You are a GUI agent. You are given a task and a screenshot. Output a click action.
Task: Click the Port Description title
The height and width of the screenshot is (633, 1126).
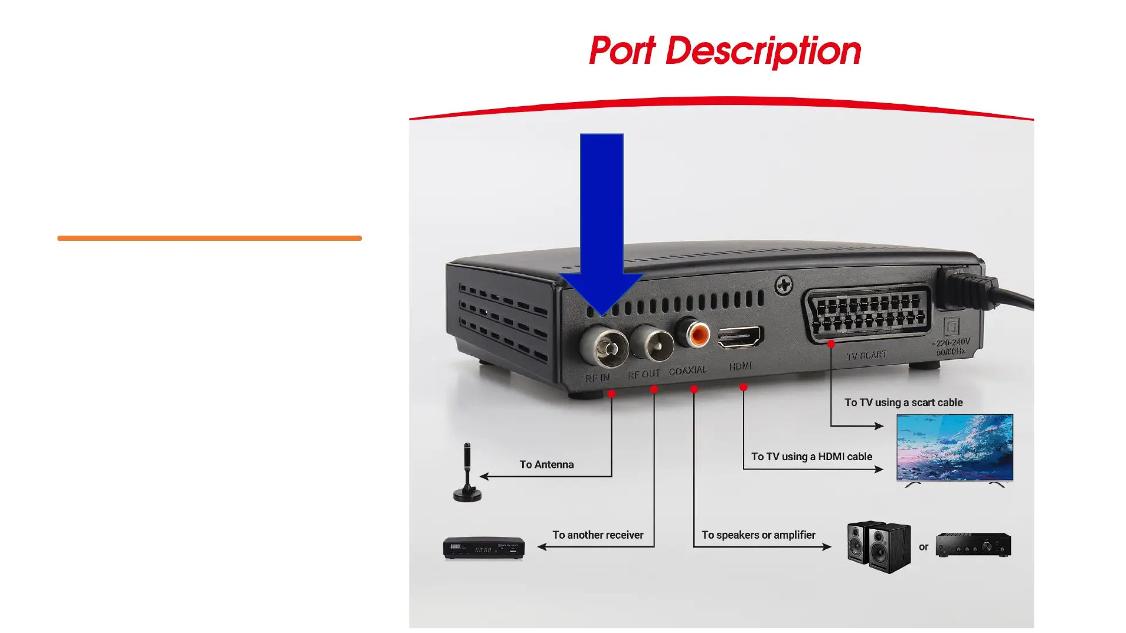[725, 51]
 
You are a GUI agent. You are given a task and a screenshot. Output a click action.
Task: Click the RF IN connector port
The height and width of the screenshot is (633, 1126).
[603, 347]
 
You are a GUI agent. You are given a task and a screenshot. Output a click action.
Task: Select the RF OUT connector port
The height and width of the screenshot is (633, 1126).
[652, 344]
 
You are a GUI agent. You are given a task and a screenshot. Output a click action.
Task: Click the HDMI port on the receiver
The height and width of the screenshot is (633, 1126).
[740, 337]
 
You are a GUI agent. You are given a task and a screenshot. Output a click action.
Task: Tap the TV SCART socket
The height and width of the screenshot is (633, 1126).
[868, 314]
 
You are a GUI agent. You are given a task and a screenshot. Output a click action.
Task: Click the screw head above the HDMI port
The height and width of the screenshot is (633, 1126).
[784, 286]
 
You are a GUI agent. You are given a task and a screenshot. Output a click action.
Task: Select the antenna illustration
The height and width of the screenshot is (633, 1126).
[467, 473]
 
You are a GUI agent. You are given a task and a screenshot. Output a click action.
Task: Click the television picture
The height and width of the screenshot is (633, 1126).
[955, 448]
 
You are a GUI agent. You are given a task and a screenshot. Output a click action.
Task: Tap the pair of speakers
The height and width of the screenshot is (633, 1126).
[879, 547]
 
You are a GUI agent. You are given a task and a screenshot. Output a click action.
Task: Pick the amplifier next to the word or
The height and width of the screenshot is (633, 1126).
[974, 544]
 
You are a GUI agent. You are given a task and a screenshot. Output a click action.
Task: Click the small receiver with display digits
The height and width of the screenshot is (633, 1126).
[483, 548]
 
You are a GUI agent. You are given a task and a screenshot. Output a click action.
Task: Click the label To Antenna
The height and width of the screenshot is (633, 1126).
[547, 465]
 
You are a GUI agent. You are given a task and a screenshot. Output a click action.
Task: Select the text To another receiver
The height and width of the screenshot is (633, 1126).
[598, 535]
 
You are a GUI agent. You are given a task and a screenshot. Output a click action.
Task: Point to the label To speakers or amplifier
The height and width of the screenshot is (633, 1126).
[758, 535]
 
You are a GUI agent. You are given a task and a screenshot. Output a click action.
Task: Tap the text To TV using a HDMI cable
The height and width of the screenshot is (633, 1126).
[812, 457]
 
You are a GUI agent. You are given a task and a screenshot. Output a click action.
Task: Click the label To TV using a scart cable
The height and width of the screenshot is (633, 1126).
[903, 403]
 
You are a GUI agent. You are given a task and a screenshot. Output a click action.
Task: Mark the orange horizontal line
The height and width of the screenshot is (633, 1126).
[209, 239]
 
